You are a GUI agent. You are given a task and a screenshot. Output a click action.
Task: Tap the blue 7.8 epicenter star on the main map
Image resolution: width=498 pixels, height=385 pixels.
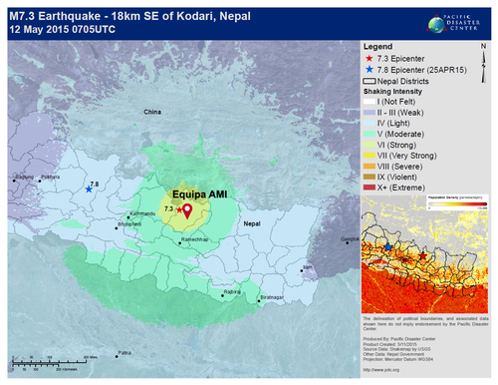(89, 190)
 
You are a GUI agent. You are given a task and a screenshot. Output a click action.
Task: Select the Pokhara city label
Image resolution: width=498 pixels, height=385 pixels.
(50, 177)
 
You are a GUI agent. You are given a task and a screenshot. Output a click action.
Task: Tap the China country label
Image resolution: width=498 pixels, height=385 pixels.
(151, 113)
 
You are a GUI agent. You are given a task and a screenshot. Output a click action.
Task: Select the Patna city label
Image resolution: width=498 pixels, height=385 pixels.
(124, 352)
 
